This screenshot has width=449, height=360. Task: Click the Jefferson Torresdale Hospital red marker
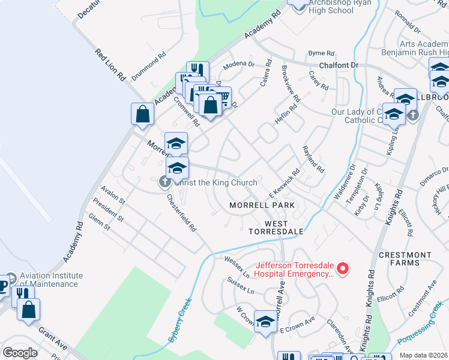pos(343,269)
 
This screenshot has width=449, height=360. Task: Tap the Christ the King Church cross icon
pos(166,182)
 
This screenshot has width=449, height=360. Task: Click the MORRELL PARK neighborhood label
pos(262,205)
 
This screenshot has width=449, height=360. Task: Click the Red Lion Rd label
pos(110,64)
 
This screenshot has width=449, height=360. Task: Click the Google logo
pos(20,353)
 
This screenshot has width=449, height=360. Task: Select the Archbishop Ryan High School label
pos(331,7)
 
